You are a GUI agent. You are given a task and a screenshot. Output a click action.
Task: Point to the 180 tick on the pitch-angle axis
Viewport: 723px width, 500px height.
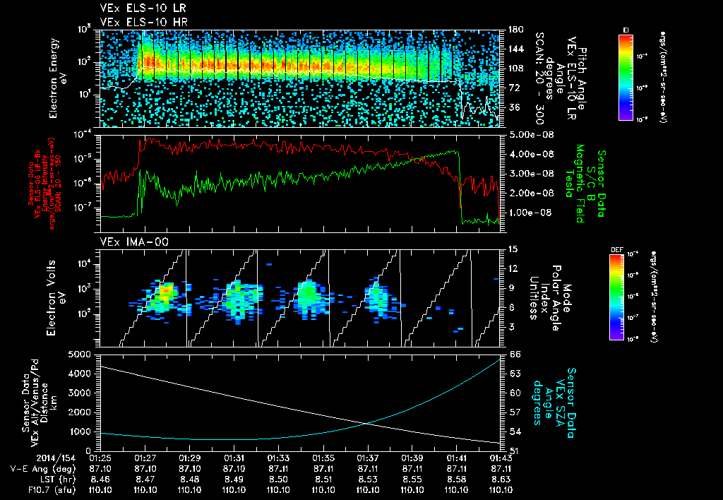pos(515,29)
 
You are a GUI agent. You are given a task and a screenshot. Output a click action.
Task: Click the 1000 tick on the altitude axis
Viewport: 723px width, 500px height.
pos(83,431)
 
